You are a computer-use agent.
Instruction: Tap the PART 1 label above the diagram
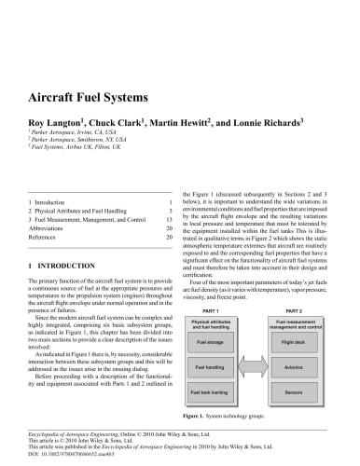coord(210,309)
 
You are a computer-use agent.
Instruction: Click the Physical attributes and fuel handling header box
coord(210,323)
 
